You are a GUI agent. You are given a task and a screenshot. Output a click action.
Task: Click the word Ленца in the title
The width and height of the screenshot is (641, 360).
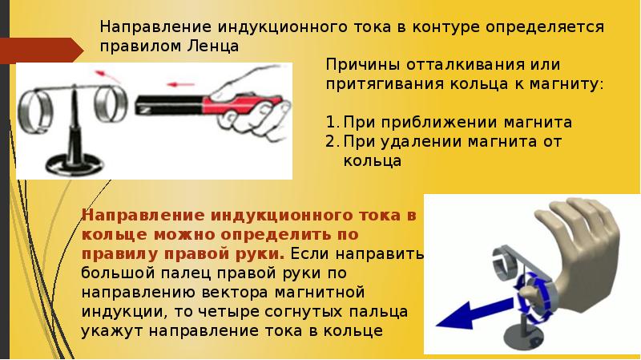[213, 46]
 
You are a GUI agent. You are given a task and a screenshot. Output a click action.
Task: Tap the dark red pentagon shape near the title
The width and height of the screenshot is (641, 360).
[42, 51]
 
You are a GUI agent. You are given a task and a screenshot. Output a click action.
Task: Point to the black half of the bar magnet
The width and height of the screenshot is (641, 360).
[169, 105]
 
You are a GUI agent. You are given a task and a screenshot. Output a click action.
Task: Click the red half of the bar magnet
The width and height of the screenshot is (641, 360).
[241, 104]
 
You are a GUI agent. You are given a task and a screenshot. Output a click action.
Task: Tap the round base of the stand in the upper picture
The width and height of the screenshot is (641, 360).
[75, 164]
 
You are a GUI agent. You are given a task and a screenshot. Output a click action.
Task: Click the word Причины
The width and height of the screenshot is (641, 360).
[362, 66]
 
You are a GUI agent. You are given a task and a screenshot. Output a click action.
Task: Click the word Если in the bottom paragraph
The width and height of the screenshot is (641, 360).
[309, 253]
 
